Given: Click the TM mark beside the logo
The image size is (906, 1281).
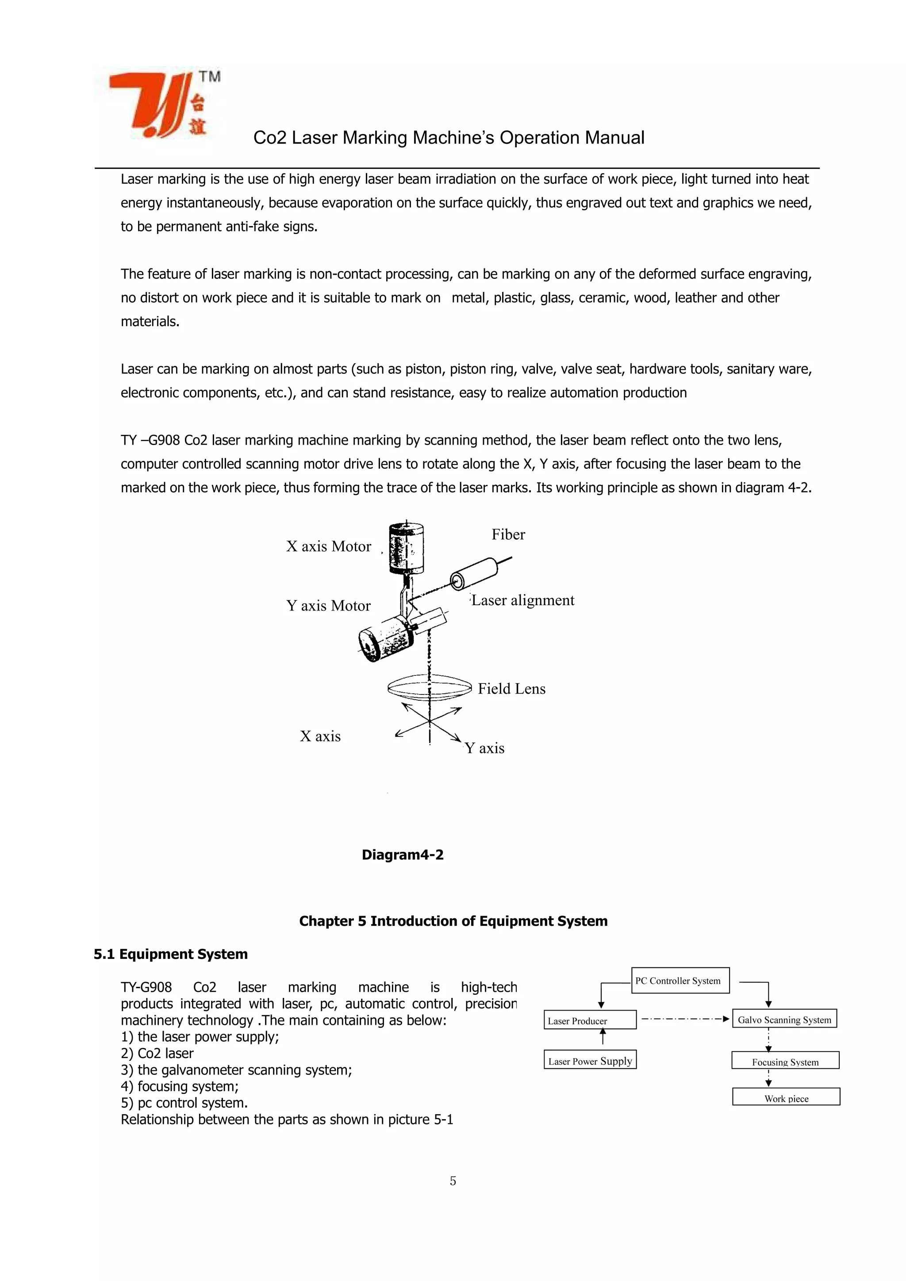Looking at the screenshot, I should pos(210,77).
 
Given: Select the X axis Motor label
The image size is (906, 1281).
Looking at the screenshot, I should pos(329,547).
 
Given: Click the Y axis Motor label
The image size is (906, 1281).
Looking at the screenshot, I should pos(328,606).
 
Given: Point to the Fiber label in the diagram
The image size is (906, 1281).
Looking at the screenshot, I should pos(508,534).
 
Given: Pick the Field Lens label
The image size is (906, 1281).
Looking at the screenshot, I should pos(511,689).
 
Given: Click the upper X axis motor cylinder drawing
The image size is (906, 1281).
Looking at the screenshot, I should pos(406,548).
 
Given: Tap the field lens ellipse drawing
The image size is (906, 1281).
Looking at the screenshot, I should pos(429,690).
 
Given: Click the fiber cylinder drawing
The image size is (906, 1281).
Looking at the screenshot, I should pos(474,573).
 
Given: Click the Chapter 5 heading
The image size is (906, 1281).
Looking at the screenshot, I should pos(453,921).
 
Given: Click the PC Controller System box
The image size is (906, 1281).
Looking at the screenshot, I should pos(680,981).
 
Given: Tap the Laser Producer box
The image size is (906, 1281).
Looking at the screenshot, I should pos(590,1020).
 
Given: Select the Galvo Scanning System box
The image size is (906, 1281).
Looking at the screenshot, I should pos(784,1019).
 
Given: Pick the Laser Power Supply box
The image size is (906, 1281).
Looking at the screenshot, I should pos(590,1061).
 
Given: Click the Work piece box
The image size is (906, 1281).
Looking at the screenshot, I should pos(786,1098).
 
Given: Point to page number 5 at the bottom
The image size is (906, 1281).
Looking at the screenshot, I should pos(453,1181).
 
